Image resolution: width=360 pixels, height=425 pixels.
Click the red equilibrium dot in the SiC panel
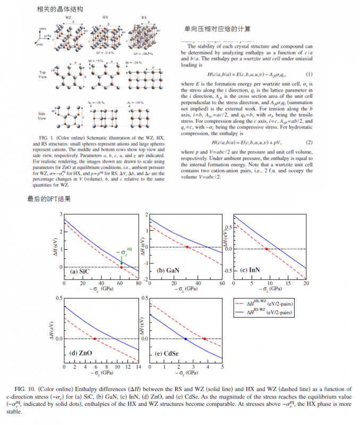(x=122, y=267)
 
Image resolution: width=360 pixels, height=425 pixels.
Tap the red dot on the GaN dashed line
(x=187, y=247)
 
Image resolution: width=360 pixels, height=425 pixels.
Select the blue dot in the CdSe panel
(x=185, y=339)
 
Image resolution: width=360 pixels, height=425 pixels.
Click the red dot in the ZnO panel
(x=95, y=339)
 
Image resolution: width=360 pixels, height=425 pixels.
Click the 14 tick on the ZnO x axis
(x=138, y=368)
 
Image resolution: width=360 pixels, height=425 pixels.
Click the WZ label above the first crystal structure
(x=68, y=18)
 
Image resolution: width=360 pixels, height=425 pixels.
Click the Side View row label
(x=43, y=116)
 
